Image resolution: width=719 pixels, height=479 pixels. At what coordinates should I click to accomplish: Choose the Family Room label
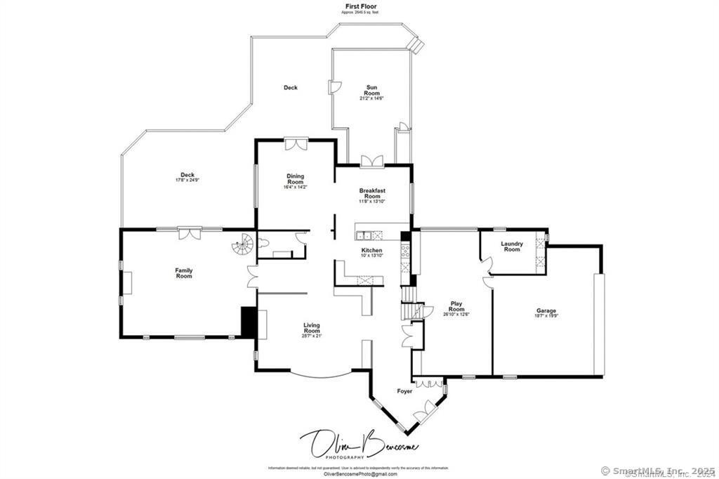pos(184,273)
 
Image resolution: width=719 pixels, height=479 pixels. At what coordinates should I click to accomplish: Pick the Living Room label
pos(312,328)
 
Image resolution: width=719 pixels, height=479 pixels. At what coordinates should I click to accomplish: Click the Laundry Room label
pos(512,247)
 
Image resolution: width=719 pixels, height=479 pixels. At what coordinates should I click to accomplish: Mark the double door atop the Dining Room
pos(296,143)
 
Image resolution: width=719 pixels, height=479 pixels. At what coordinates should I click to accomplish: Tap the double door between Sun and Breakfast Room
pos(371,161)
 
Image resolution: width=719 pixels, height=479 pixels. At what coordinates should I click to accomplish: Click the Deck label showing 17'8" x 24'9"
pos(187,178)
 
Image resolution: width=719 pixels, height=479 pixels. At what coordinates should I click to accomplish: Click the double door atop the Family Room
pos(189,233)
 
